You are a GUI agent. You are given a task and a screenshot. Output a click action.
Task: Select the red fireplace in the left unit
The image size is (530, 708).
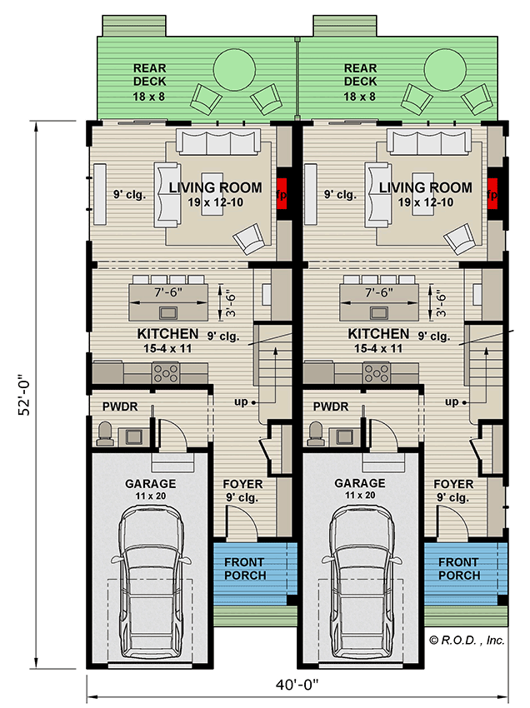click(x=282, y=195)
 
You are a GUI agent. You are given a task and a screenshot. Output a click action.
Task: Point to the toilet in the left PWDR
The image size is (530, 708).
click(x=106, y=431)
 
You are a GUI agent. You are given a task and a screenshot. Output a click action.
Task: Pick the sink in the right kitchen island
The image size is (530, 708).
click(x=379, y=313)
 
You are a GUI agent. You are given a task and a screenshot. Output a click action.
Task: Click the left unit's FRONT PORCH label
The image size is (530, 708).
click(x=245, y=569)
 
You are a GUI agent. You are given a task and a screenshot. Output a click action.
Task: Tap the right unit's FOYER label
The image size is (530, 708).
click(x=453, y=484)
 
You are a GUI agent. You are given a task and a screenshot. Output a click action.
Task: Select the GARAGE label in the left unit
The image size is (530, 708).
click(x=150, y=483)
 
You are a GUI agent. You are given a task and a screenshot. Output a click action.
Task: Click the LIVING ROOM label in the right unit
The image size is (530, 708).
click(x=425, y=188)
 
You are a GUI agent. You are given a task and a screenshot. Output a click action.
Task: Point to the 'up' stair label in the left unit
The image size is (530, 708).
click(x=242, y=402)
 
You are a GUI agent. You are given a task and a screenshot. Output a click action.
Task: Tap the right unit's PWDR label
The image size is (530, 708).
click(x=330, y=407)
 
